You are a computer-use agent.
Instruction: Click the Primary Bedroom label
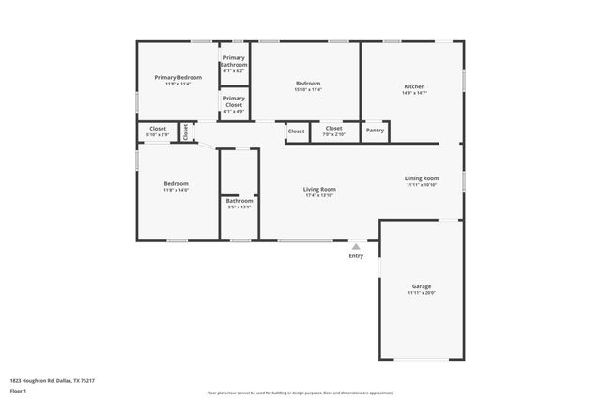click(x=177, y=77)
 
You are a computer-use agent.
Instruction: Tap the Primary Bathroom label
click(x=234, y=61)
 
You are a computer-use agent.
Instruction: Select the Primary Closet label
click(x=234, y=100)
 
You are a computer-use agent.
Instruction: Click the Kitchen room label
click(x=414, y=86)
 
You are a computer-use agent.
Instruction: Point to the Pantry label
click(x=375, y=131)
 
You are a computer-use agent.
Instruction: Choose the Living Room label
click(x=319, y=189)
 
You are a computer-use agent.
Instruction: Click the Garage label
click(x=422, y=286)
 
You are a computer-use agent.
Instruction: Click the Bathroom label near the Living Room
click(x=239, y=201)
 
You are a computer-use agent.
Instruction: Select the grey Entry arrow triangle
click(x=356, y=247)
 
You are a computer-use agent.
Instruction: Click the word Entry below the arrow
click(x=356, y=256)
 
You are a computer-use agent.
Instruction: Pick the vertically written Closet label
click(x=186, y=131)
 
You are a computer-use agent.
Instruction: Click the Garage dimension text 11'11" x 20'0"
click(x=422, y=293)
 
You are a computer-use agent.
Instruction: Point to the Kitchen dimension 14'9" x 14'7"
click(x=414, y=93)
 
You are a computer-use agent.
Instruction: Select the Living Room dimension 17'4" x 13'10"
click(x=319, y=195)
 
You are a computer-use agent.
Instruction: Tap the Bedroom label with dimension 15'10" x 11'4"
click(x=308, y=84)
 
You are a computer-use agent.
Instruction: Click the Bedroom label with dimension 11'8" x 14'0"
click(x=177, y=183)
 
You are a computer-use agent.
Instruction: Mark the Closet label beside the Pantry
click(x=333, y=128)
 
